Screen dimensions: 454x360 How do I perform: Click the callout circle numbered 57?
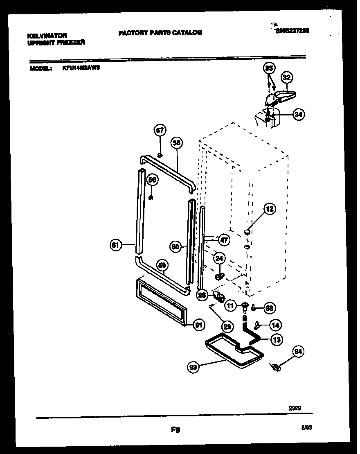click(160, 131)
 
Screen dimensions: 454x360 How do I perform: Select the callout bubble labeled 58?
click(177, 143)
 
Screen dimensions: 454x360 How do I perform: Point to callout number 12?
click(269, 209)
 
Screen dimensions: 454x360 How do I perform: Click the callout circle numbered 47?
click(224, 240)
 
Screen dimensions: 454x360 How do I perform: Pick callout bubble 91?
click(199, 325)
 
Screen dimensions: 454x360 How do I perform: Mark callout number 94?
click(299, 351)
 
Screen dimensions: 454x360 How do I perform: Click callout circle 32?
click(286, 77)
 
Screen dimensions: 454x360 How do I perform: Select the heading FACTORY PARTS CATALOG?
click(160, 33)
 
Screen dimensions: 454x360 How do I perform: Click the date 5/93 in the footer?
click(306, 427)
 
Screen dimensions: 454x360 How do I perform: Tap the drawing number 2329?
click(295, 408)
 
